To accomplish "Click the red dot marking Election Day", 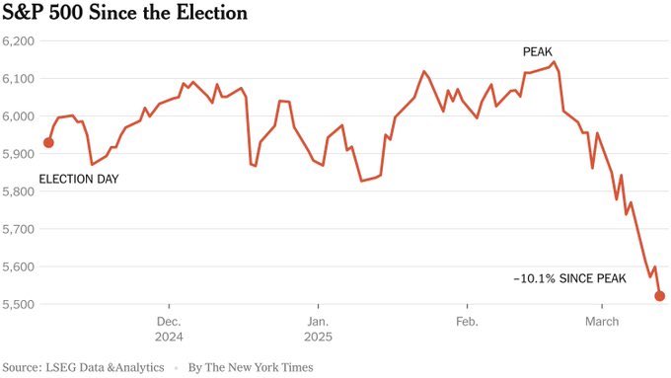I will click(x=48, y=143).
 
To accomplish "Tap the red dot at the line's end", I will click(x=660, y=295).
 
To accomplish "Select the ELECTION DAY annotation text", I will click(x=78, y=179).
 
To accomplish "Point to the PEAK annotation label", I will click(x=539, y=51).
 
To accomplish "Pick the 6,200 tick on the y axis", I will click(x=19, y=41).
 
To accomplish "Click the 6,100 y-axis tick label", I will click(x=19, y=79).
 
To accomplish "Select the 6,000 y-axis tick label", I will click(x=19, y=116).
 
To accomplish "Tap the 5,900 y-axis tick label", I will click(x=19, y=154).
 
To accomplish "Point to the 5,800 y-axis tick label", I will click(x=19, y=191).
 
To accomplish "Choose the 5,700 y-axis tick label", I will click(x=19, y=229).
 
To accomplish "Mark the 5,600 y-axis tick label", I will click(x=19, y=266).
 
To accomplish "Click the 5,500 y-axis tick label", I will click(x=19, y=304).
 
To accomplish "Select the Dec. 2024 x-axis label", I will click(x=169, y=329).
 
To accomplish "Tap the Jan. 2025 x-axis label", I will click(x=318, y=329).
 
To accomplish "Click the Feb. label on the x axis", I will click(x=466, y=322).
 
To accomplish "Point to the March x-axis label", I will click(x=602, y=322).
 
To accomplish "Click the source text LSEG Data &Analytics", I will click(x=108, y=367).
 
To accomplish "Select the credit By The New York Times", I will click(x=251, y=367).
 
